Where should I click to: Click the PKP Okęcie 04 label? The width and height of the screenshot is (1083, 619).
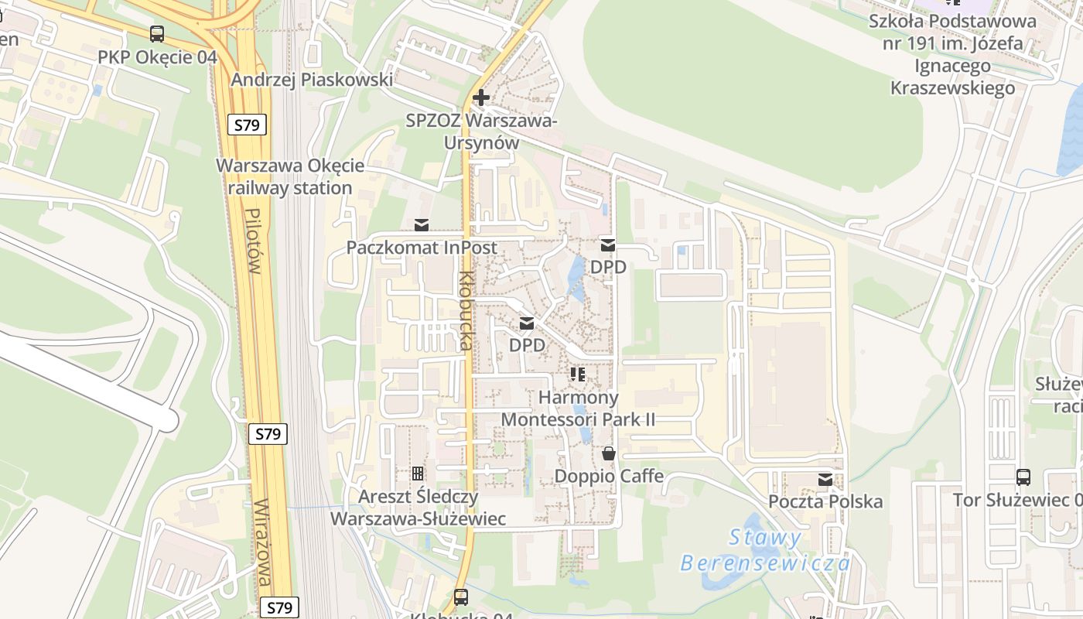tap(157, 57)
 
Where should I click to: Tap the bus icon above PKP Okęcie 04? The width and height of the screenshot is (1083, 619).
tap(157, 34)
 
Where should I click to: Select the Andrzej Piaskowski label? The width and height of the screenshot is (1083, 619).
tap(312, 79)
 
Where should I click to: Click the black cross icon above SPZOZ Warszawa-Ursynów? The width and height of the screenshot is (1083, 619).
tap(481, 97)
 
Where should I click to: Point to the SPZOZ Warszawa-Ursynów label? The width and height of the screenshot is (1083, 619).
tap(481, 132)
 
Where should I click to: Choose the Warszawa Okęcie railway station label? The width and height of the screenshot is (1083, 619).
tap(290, 176)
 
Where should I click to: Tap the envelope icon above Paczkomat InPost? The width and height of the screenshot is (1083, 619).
tap(422, 225)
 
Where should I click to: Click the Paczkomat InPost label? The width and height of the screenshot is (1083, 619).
tap(422, 248)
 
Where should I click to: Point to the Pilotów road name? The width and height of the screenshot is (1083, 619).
tap(251, 241)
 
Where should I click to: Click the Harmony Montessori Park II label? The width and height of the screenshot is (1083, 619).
tap(579, 409)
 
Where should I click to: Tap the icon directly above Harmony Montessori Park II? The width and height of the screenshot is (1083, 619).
tap(577, 374)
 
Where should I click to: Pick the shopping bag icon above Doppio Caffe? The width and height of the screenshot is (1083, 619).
tap(609, 453)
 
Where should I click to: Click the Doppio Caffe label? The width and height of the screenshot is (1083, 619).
tap(609, 476)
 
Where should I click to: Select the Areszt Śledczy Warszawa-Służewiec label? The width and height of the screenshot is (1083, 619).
tap(418, 507)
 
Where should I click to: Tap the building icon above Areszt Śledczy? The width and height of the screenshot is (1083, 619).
tap(418, 473)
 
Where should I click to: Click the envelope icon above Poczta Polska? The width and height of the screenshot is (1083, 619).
tap(825, 480)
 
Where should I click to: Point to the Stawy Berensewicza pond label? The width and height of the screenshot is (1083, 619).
tap(765, 550)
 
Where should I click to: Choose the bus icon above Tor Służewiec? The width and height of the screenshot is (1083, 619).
tap(1023, 477)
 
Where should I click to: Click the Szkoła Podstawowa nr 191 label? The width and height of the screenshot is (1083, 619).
tap(952, 54)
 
